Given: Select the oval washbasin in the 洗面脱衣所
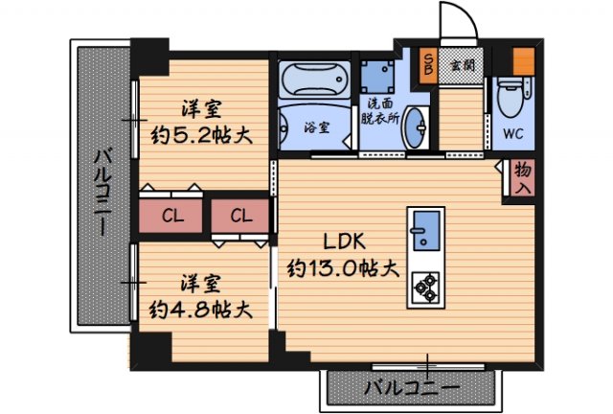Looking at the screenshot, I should pos(417,126).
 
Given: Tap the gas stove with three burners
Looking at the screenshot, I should pos(423,285).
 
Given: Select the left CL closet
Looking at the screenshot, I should pos(172,215).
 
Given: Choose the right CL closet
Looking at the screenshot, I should pos(239,215).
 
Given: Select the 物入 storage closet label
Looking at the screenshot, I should pos(522,178).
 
